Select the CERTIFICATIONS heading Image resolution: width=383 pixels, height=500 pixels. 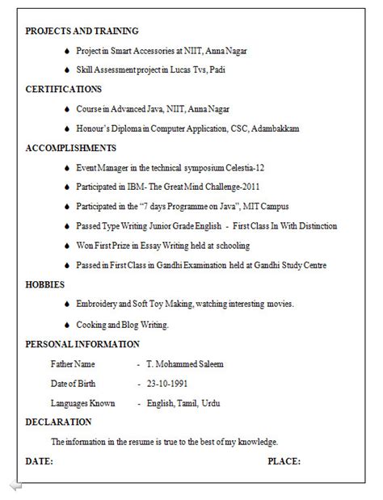tap(64, 90)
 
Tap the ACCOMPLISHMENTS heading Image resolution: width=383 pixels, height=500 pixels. tap(71, 149)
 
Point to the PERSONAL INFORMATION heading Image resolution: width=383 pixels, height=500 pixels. tap(82, 344)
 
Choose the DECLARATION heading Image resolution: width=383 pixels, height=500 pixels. tap(58, 422)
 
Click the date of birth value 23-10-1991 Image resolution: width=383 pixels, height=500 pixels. tap(167, 383)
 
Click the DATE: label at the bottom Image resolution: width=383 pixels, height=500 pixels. tap(40, 461)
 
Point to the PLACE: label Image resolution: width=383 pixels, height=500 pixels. tap(284, 461)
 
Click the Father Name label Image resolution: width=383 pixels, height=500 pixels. tap(73, 364)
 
